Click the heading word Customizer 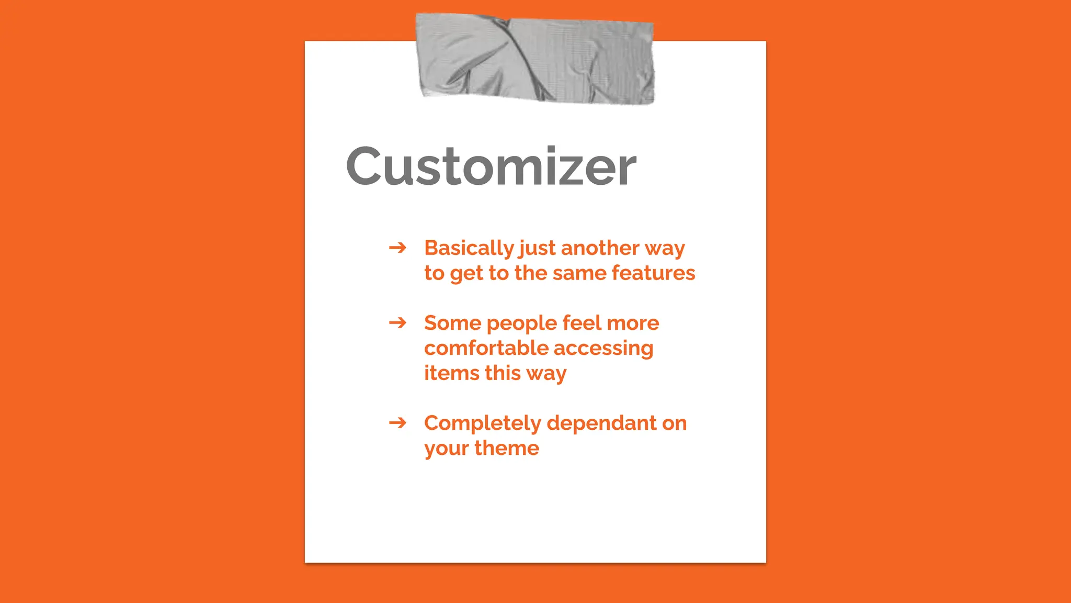tap(491, 166)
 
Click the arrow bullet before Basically tap(397, 247)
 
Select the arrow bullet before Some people tap(397, 322)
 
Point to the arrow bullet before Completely tap(397, 422)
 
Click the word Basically tap(469, 248)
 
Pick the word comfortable tap(486, 348)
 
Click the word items tap(451, 373)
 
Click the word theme tap(506, 448)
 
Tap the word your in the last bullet tap(446, 449)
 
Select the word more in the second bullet tap(633, 323)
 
